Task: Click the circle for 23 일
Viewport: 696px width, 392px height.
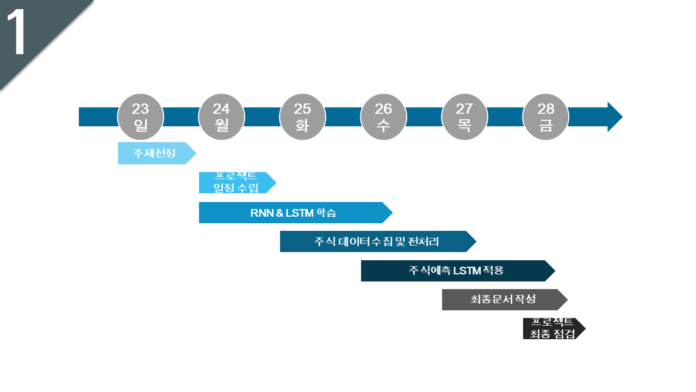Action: pyautogui.click(x=140, y=117)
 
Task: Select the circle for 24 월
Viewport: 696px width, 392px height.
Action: pyautogui.click(x=221, y=117)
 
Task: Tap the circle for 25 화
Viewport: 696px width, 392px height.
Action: pyautogui.click(x=302, y=117)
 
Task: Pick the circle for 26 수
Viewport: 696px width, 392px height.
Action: pyautogui.click(x=383, y=117)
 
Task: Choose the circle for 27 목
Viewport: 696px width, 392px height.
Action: pyautogui.click(x=464, y=117)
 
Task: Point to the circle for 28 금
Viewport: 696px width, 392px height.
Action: pyautogui.click(x=545, y=117)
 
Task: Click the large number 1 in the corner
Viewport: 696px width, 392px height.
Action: pyautogui.click(x=17, y=33)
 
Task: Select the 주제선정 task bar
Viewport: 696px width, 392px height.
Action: pyautogui.click(x=154, y=153)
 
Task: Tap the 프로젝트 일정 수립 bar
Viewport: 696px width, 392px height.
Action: pyautogui.click(x=235, y=182)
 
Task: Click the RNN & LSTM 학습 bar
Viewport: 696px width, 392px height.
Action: pyautogui.click(x=293, y=212)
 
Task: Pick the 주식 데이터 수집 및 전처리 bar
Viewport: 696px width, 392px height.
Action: pyautogui.click(x=376, y=241)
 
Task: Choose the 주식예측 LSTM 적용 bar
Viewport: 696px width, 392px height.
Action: pyautogui.click(x=456, y=271)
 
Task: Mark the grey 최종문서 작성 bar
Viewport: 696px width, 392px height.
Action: pyautogui.click(x=503, y=299)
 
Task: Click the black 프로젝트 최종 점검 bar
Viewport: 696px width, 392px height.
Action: pyautogui.click(x=551, y=328)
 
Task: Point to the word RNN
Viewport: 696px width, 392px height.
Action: pyautogui.click(x=262, y=213)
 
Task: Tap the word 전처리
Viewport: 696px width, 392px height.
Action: pyautogui.click(x=423, y=241)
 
